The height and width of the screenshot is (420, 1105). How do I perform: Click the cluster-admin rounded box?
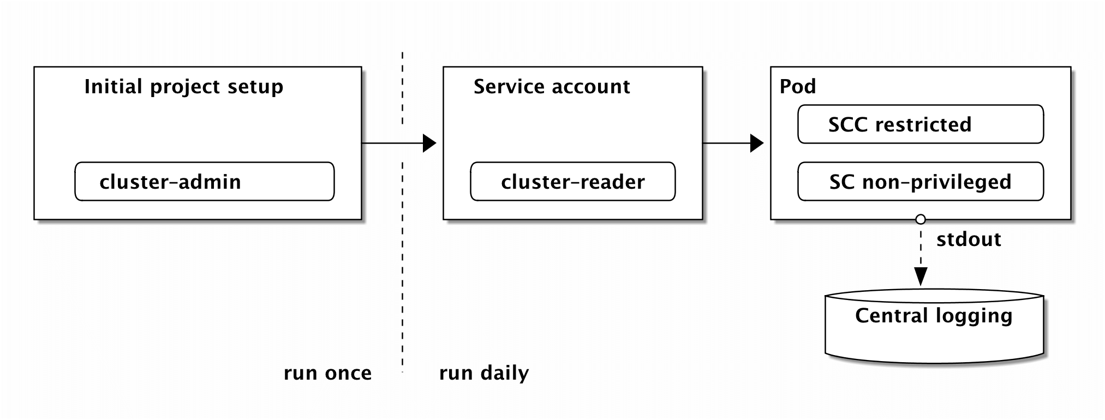click(204, 181)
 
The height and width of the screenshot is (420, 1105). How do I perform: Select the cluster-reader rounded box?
click(572, 181)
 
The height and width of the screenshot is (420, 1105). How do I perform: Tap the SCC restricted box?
click(921, 124)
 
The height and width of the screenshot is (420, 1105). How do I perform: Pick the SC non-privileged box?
click(921, 181)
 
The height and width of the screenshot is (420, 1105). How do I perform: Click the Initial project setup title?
click(184, 87)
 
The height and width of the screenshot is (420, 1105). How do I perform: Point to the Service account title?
click(552, 87)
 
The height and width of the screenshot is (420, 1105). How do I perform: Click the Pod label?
click(798, 86)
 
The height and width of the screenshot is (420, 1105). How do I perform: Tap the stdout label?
click(969, 239)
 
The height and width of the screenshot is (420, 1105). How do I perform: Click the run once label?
click(327, 373)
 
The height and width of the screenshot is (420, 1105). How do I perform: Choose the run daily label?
click(484, 373)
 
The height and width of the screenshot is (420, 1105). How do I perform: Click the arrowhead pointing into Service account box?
click(430, 143)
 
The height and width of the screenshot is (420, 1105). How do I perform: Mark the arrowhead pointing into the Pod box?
click(757, 143)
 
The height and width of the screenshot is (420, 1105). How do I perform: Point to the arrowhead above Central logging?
click(921, 277)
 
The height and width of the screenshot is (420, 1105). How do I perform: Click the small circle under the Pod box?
click(921, 219)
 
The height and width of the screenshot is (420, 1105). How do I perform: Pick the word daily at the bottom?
click(505, 373)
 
